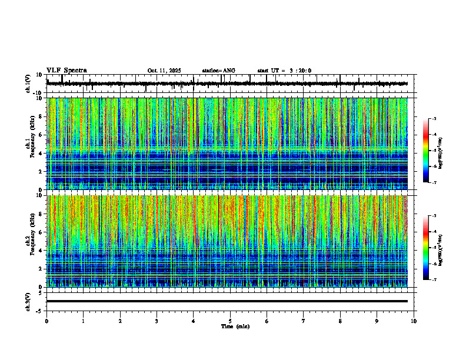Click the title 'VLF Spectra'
click(66, 71)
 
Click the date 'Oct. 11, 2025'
click(164, 71)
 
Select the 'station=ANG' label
click(218, 71)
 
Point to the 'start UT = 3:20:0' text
click(284, 71)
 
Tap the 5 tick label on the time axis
click(230, 321)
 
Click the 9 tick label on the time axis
click(377, 321)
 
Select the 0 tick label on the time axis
click(46, 321)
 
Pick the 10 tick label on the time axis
click(414, 321)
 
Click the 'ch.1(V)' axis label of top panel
click(28, 84)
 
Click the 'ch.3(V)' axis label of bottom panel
click(28, 301)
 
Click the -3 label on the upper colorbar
click(434, 119)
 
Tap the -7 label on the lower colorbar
click(434, 280)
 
